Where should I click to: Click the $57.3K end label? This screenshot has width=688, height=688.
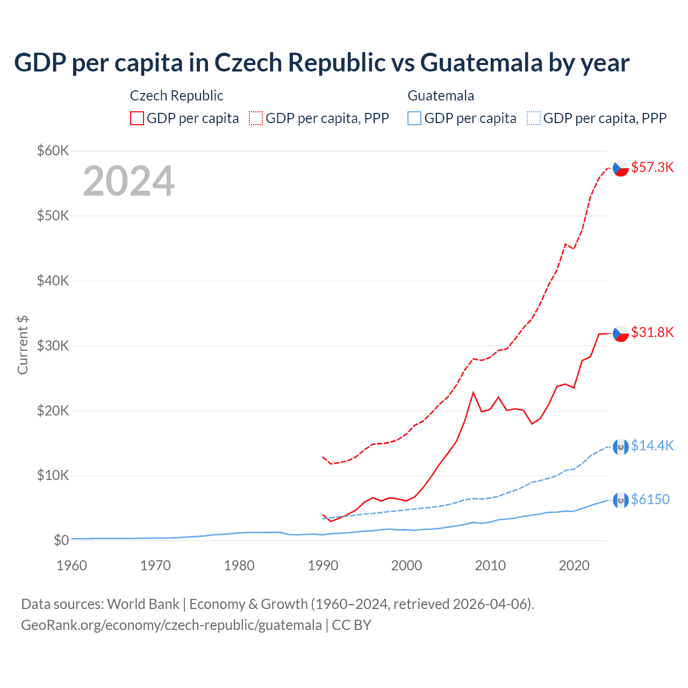click(652, 167)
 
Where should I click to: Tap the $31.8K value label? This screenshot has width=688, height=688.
click(652, 332)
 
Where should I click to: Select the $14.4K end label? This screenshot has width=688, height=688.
click(652, 446)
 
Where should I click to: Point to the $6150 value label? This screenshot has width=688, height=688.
click(650, 499)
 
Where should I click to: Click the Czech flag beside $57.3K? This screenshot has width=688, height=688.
click(621, 168)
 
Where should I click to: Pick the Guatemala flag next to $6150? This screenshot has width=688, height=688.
click(621, 500)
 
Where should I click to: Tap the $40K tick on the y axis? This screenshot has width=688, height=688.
click(53, 281)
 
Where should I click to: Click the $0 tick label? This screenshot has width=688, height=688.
click(61, 540)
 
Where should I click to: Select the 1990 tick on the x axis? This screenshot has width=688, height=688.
click(323, 565)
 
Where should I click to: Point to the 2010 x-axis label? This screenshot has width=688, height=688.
click(490, 565)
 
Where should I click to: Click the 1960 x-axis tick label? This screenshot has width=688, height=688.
click(72, 565)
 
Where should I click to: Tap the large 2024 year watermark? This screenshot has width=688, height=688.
click(128, 181)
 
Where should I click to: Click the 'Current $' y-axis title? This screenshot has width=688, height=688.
click(23, 345)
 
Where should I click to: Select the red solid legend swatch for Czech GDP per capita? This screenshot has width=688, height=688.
click(137, 118)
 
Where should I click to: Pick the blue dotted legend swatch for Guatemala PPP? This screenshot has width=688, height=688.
click(534, 118)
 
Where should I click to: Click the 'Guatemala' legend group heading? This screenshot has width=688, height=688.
click(441, 96)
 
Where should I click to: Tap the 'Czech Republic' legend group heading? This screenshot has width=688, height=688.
click(176, 96)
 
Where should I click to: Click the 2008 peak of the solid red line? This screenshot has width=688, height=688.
click(473, 392)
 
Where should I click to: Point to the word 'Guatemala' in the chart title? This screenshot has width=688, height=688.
click(482, 62)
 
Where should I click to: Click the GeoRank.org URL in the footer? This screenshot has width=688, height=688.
click(171, 625)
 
